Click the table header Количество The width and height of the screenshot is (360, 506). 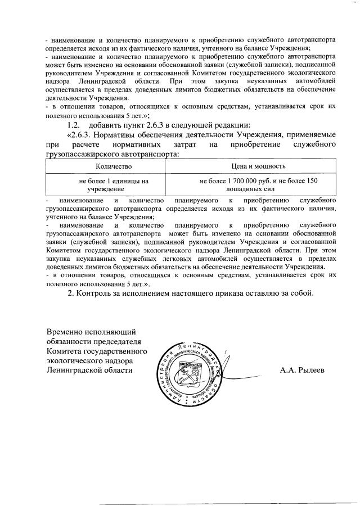click(114, 166)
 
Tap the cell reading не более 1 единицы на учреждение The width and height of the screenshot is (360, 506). click(114, 186)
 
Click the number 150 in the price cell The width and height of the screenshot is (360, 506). click(312, 181)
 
